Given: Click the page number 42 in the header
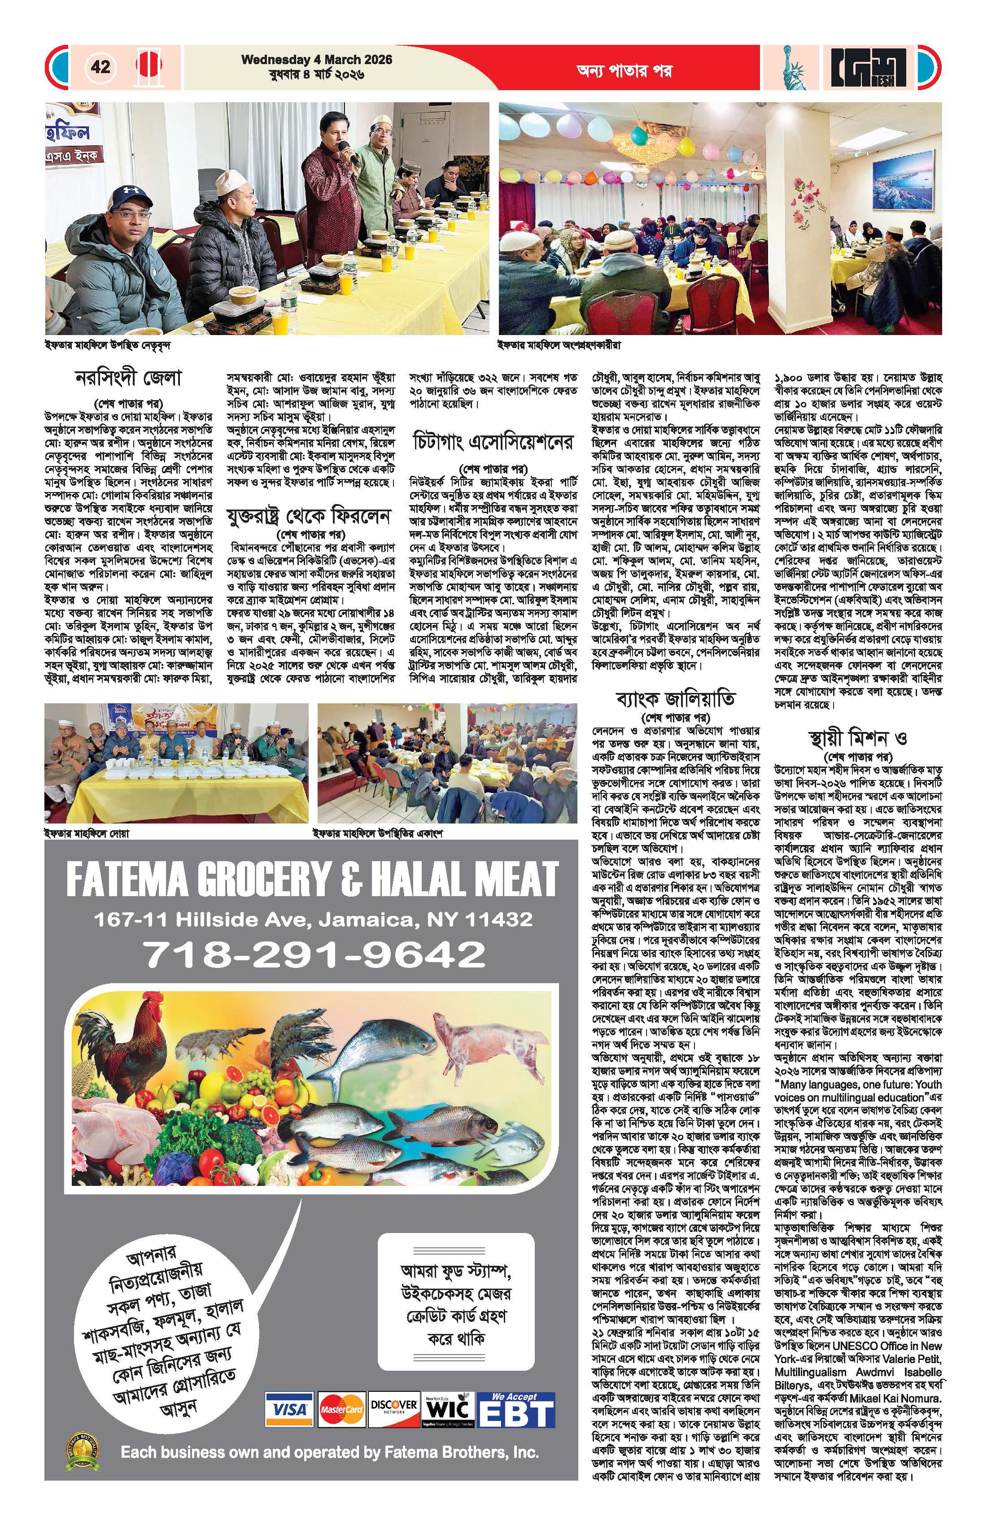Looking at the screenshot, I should point(100,67).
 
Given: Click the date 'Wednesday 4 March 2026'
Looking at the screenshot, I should point(317,60).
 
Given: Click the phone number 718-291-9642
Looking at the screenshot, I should point(314,955).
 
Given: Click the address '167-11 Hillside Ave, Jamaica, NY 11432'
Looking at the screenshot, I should point(313,919).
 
